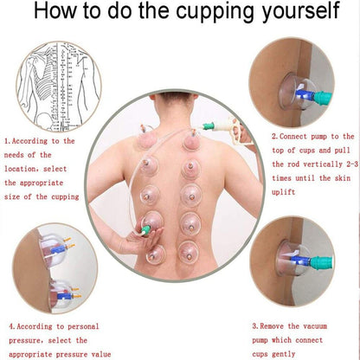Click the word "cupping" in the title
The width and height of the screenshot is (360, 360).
[215, 11]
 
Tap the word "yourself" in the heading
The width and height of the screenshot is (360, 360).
[300, 11]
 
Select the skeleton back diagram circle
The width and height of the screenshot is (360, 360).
[59, 87]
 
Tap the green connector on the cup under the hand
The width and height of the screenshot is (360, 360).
[145, 229]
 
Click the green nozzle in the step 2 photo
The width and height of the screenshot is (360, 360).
[323, 98]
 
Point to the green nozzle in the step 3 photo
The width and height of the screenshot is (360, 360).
[321, 263]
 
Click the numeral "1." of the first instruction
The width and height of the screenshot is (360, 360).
[8, 141]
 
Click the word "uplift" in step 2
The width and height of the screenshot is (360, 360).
[283, 192]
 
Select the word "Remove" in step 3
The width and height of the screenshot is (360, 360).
[272, 326]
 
